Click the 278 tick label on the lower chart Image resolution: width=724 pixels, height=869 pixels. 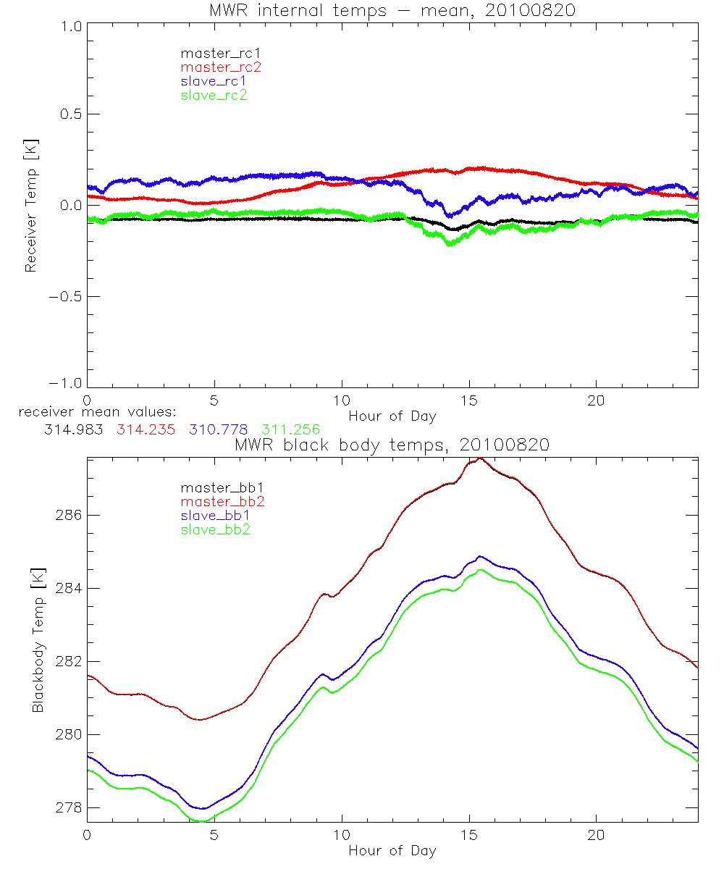(x=68, y=808)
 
